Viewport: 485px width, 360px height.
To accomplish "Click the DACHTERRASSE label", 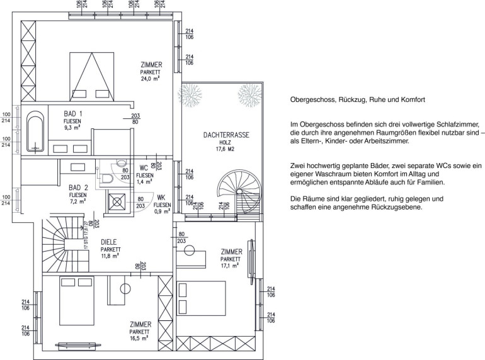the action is click(226, 135).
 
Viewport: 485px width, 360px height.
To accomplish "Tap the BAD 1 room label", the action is click(73, 113).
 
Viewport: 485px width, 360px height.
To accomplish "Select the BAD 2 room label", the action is click(78, 188).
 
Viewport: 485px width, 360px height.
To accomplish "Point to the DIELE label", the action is click(108, 242).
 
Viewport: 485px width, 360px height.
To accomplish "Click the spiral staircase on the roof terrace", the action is click(239, 193).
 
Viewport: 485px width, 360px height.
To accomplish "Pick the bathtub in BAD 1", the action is click(35, 134).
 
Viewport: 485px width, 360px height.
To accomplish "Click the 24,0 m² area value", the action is click(150, 79).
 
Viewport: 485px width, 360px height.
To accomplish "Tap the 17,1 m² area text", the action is click(229, 266).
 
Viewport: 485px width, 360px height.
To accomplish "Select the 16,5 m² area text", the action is click(139, 339).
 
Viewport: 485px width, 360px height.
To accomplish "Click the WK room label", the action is click(161, 198).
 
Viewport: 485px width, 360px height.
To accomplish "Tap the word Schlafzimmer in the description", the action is click(458, 125).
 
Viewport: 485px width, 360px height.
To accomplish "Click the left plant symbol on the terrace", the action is click(190, 96).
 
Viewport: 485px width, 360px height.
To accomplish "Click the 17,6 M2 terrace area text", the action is click(225, 149).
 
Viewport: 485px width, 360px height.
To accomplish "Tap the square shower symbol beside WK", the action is click(117, 202).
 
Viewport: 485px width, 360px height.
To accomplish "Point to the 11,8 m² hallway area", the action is click(110, 256).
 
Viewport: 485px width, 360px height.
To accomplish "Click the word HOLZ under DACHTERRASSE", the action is click(225, 142).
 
